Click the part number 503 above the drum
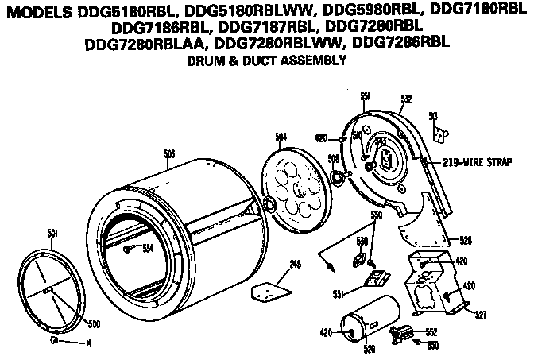coord(168,153)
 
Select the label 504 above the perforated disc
coord(281,137)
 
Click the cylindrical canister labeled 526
coord(370,322)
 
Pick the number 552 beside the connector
coord(432,332)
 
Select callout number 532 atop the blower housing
coord(406,99)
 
